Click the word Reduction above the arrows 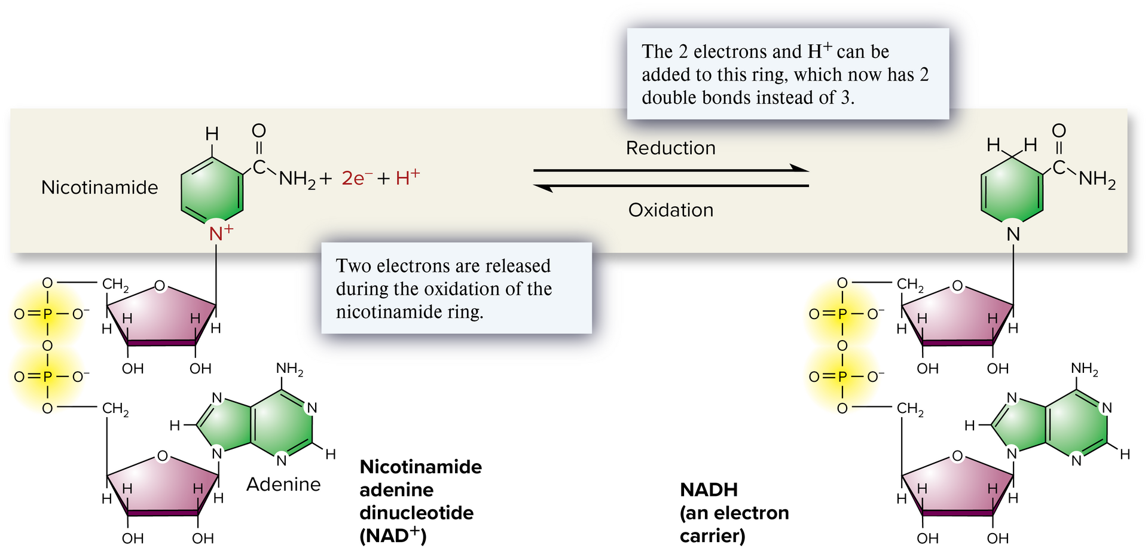tap(670, 148)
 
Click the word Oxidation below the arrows tap(670, 210)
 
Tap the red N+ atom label tap(219, 233)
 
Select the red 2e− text tap(358, 178)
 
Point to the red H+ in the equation tap(408, 177)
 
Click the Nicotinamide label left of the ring tap(99, 188)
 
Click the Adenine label tap(283, 484)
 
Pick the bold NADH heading tap(709, 490)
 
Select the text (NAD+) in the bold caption tap(393, 535)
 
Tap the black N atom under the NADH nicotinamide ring tap(1013, 234)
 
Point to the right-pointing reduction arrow tap(671, 170)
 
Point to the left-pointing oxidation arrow tap(671, 186)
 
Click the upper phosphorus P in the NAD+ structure tap(48, 314)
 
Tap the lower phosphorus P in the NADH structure tap(842, 376)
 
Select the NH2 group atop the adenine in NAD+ tap(289, 369)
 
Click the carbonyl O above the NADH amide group tap(1058, 131)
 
